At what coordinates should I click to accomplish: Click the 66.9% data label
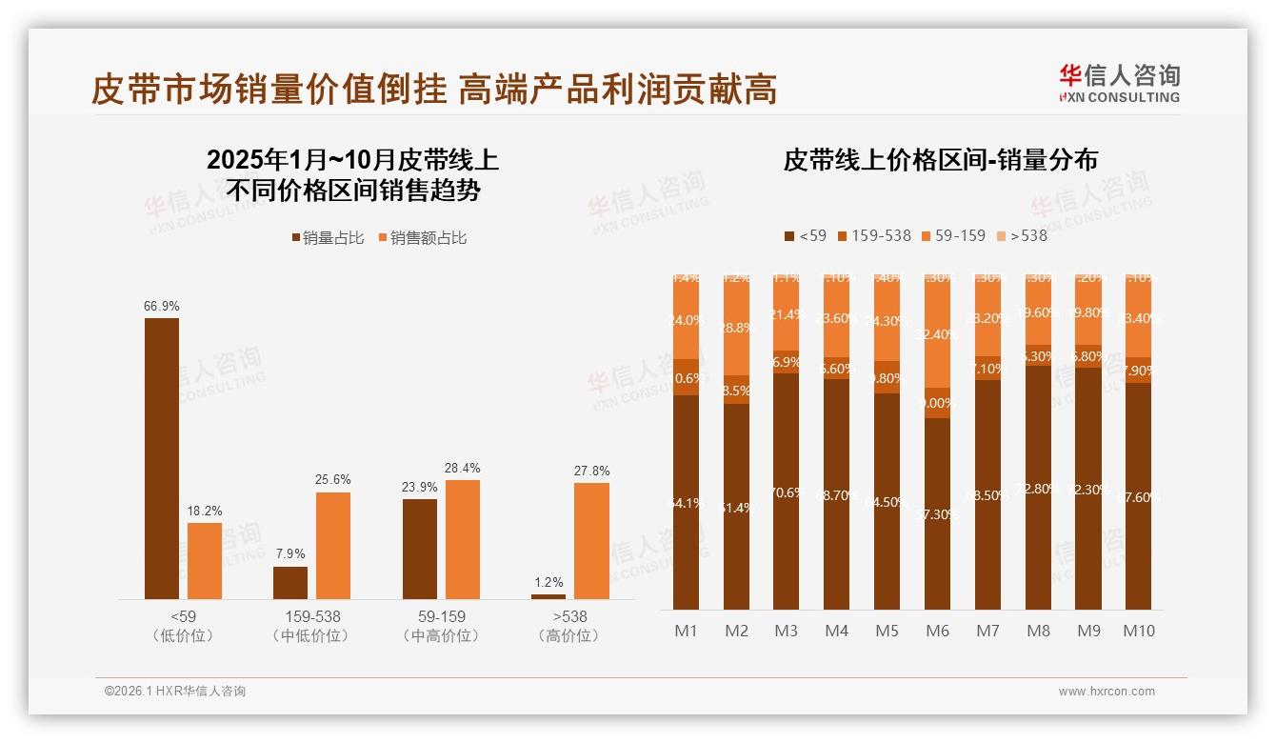(161, 306)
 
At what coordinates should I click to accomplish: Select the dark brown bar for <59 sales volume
(161, 457)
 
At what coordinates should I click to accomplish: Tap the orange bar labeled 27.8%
(591, 540)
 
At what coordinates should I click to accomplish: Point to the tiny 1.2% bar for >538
(548, 596)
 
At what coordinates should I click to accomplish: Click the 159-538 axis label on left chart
(312, 616)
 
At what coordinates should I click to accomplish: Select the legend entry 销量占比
(328, 238)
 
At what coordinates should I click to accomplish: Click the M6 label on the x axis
(937, 631)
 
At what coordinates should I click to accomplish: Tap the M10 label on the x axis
(1138, 631)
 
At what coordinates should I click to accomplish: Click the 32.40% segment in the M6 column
(938, 334)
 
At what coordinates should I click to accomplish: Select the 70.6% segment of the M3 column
(787, 492)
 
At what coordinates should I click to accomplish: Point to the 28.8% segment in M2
(736, 327)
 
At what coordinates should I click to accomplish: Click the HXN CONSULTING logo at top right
(1119, 84)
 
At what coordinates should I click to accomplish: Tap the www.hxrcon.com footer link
(1107, 692)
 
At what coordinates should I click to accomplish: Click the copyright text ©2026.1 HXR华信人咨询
(174, 692)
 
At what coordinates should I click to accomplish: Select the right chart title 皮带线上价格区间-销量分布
(940, 159)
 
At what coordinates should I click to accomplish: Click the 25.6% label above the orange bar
(333, 479)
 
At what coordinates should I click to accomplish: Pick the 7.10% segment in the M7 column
(987, 369)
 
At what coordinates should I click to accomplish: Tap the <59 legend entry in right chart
(805, 235)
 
